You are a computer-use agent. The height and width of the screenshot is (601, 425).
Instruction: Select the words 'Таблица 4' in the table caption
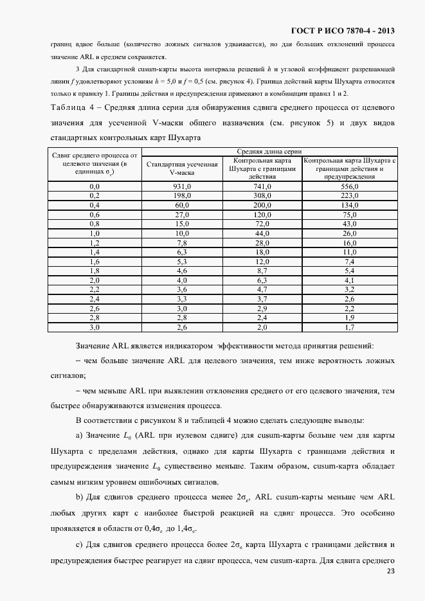coord(70,107)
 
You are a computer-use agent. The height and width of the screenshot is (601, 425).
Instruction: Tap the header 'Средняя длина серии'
coord(269,150)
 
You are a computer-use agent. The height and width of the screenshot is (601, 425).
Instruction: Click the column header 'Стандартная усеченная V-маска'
coord(182,168)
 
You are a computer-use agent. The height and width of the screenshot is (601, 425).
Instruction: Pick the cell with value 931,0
coord(182,186)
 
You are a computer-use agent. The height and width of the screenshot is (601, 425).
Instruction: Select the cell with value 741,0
coord(262,186)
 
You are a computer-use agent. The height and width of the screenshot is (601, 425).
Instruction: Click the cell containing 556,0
coord(349,186)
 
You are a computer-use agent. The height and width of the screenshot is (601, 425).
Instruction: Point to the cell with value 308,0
coord(262,195)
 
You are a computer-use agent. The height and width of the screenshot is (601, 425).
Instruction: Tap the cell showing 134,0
coord(349,204)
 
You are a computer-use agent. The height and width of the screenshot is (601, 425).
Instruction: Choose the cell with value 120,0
coord(262,214)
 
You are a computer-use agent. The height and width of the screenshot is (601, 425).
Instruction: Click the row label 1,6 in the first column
coord(95,262)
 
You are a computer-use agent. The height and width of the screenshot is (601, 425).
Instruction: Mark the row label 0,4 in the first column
coord(95,204)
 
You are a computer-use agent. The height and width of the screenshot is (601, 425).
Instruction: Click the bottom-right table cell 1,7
coord(349,328)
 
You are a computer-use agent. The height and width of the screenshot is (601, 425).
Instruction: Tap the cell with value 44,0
coord(262,233)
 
